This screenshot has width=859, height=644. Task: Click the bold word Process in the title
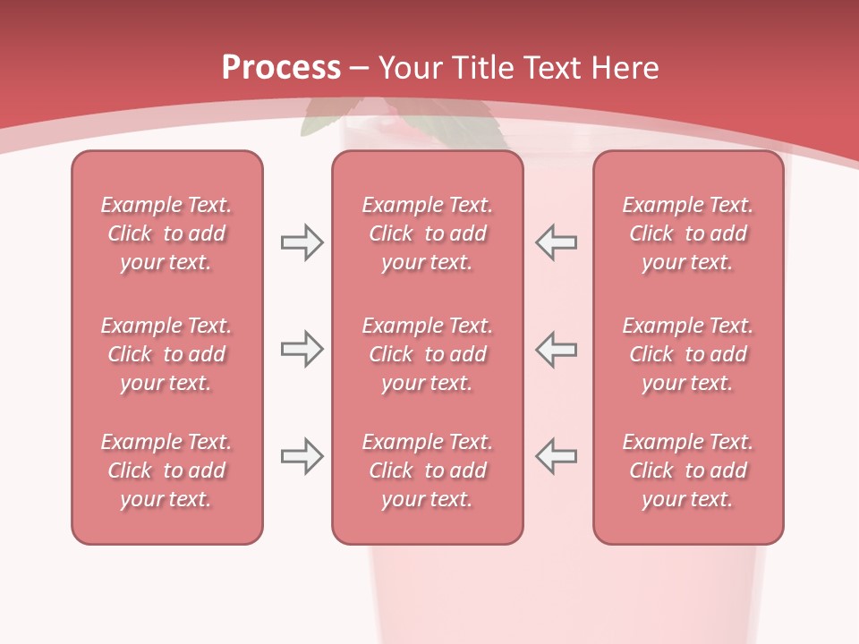click(281, 68)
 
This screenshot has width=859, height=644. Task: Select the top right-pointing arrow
click(302, 242)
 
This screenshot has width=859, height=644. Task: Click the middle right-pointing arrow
click(302, 350)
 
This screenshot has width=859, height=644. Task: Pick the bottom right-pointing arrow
click(302, 456)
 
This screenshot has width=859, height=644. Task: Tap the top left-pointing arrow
click(556, 242)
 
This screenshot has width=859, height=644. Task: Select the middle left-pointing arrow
click(556, 350)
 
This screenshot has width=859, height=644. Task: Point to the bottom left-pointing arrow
click(556, 456)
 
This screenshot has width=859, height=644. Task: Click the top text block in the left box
click(166, 233)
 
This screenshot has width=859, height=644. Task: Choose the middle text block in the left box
click(166, 354)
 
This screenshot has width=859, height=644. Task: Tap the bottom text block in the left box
click(166, 470)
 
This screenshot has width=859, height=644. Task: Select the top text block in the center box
click(427, 233)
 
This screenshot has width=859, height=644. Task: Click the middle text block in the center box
click(427, 354)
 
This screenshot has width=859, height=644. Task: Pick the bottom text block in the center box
click(427, 470)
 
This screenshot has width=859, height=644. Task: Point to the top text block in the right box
click(687, 233)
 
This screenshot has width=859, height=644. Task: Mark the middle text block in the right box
click(687, 354)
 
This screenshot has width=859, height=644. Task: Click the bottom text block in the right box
click(687, 470)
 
